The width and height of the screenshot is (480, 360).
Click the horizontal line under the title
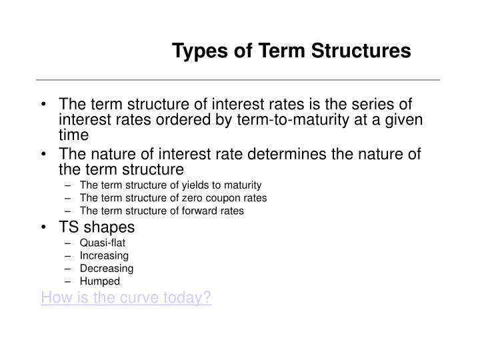[240, 80]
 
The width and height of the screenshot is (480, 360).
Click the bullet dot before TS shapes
[44, 227]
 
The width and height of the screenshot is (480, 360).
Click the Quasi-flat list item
[102, 243]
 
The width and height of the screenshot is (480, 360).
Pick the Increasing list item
[104, 256]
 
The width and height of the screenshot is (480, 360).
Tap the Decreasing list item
[107, 269]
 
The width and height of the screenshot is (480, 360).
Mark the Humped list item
[99, 281]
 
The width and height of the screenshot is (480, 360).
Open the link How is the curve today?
[126, 297]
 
